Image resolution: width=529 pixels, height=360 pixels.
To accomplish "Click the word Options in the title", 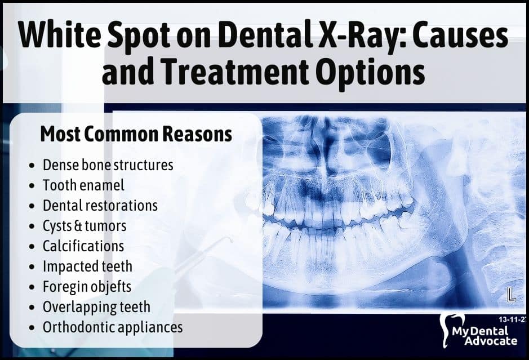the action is pyautogui.click(x=371, y=72).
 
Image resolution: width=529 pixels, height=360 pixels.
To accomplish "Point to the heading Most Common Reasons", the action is pyautogui.click(x=136, y=134).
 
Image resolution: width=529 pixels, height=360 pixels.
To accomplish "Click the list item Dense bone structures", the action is pyautogui.click(x=108, y=165).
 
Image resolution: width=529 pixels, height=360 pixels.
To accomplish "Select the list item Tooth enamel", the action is pyautogui.click(x=83, y=185).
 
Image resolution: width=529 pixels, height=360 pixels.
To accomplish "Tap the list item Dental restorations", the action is pyautogui.click(x=100, y=206).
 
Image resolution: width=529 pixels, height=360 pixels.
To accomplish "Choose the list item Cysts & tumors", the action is pyautogui.click(x=85, y=226).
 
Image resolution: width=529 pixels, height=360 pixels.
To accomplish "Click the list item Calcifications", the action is pyautogui.click(x=83, y=246).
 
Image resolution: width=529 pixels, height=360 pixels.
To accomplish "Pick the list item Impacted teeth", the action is pyautogui.click(x=87, y=266).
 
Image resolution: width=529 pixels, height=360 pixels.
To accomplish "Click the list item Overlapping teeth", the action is pyautogui.click(x=96, y=307).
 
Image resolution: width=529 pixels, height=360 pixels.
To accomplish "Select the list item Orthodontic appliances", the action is pyautogui.click(x=113, y=327).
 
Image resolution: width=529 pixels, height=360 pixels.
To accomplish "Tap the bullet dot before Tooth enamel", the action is pyautogui.click(x=32, y=186).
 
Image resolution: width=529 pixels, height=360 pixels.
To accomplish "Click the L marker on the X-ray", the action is pyautogui.click(x=512, y=295).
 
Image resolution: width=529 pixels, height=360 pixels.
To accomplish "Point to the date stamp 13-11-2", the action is pyautogui.click(x=513, y=319).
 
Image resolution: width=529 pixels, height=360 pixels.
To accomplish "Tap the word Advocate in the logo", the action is pyautogui.click(x=491, y=340).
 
